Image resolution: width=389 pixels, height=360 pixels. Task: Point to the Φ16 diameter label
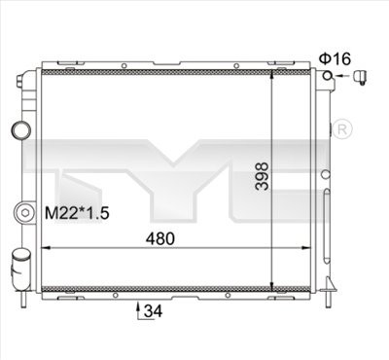pyautogui.click(x=333, y=57)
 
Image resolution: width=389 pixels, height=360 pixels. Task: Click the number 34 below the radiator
pyautogui.click(x=152, y=312)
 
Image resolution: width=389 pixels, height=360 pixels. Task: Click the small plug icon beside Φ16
pyautogui.click(x=361, y=78)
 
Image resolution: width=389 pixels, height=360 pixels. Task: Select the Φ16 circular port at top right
pyautogui.click(x=332, y=78)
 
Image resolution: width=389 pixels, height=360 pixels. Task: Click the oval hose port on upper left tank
pyautogui.click(x=20, y=129)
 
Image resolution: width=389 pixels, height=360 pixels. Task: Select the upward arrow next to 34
pyautogui.click(x=135, y=309)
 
